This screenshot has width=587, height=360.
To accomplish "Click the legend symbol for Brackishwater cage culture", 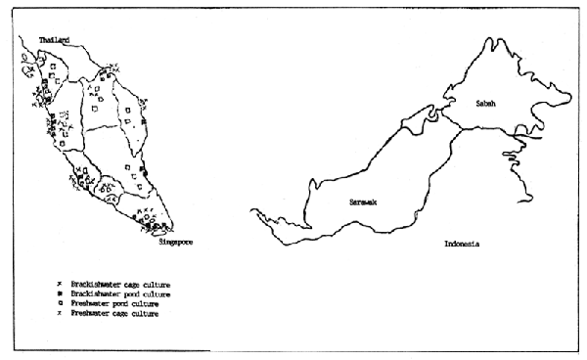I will point(60,284).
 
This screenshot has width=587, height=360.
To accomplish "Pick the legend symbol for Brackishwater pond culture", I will point(60,293).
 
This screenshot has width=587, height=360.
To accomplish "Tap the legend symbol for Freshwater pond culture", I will point(60,303).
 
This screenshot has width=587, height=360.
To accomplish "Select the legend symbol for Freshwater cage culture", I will point(60,313).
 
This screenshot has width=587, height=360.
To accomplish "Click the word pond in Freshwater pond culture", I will point(117,303).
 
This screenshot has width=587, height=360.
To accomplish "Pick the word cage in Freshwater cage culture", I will point(117,313).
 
